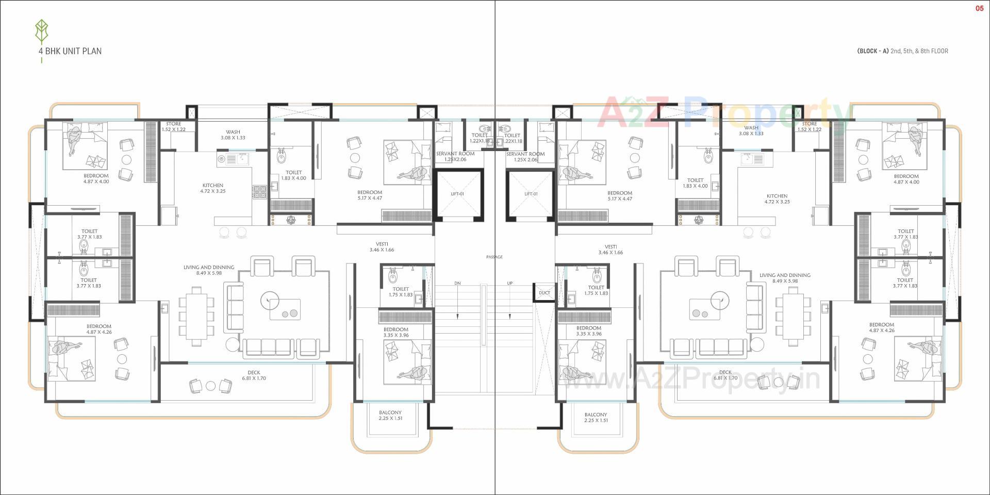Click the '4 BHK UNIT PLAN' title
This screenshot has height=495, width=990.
tap(70, 51)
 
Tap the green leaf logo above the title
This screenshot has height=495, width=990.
tap(41, 32)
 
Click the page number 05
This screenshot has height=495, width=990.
tap(979, 8)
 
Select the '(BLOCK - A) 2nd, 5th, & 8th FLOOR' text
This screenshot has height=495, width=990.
tap(902, 51)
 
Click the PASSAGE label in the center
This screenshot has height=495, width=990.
tap(494, 257)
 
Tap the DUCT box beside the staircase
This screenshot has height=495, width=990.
tap(544, 293)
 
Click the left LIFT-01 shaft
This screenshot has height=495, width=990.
tap(457, 194)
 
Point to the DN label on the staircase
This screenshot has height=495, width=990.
tap(457, 284)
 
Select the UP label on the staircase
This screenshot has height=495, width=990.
tap(509, 284)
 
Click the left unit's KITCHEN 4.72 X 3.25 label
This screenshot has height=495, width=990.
tap(213, 188)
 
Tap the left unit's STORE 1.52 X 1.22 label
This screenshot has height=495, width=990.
tap(174, 127)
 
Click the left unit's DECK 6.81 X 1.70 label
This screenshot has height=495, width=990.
tap(254, 375)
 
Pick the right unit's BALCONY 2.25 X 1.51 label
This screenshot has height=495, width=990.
tap(596, 417)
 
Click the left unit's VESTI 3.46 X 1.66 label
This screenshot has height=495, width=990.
tap(382, 247)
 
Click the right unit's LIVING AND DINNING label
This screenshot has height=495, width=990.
tap(784, 278)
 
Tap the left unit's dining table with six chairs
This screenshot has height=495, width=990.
tap(195, 316)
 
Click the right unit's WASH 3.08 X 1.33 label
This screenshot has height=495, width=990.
tap(751, 130)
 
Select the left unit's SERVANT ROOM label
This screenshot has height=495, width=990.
tap(455, 156)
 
